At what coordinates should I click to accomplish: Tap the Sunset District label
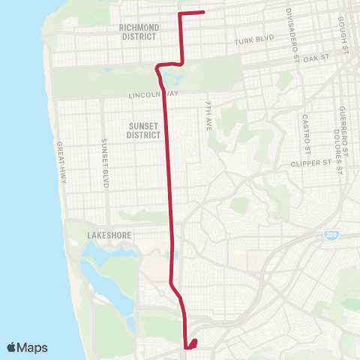tap(143, 130)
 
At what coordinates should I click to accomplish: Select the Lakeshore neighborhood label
tap(109, 235)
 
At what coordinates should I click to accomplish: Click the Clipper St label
tap(314, 163)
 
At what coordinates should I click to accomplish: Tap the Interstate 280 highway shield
tap(331, 235)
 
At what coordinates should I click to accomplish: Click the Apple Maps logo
tap(28, 347)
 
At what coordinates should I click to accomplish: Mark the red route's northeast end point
tap(205, 13)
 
